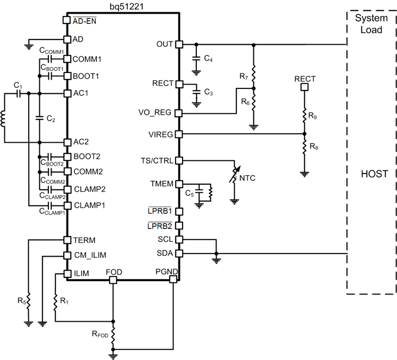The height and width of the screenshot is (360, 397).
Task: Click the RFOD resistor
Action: click(113, 335)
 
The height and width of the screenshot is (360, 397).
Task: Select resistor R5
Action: click(29, 302)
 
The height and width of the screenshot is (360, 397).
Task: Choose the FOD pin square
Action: click(113, 280)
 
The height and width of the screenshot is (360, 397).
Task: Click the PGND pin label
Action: click(166, 272)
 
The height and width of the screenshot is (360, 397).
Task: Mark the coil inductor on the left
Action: click(5, 118)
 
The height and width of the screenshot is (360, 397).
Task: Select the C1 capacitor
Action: click(18, 94)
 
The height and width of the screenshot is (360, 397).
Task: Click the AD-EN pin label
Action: click(84, 21)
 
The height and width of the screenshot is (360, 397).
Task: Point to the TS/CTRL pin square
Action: click(179, 160)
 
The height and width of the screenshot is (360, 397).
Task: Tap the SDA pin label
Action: click(164, 253)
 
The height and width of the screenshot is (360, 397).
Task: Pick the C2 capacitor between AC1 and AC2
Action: click(39, 118)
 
